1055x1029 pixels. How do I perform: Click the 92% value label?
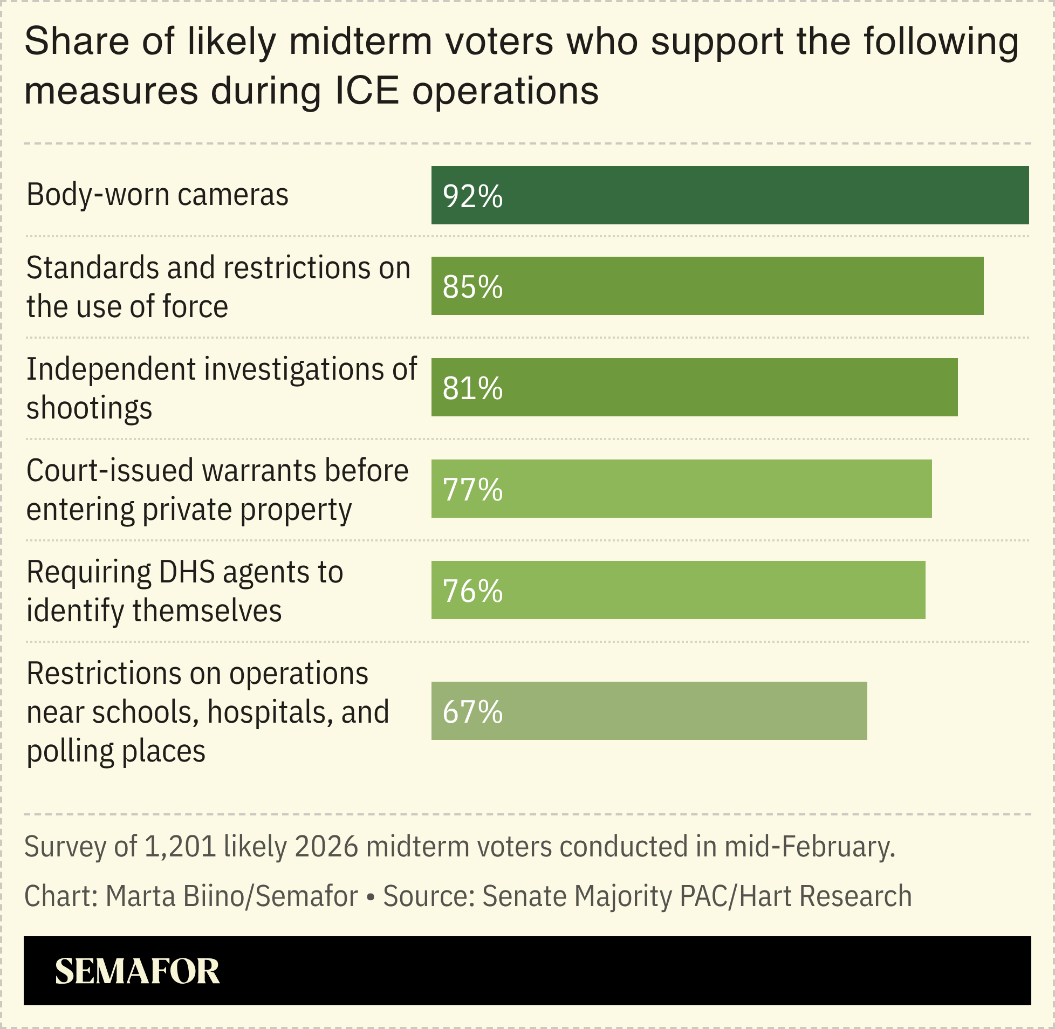tap(472, 196)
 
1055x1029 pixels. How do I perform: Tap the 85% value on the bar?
tap(472, 287)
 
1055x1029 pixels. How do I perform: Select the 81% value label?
tap(472, 388)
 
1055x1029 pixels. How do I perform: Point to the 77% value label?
tap(472, 490)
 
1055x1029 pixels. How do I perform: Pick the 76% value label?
tap(472, 591)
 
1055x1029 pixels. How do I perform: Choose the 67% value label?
tap(472, 712)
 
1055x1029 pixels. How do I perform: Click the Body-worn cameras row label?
tap(157, 195)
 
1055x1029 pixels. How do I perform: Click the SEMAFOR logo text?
tap(138, 972)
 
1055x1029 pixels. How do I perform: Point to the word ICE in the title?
tap(367, 91)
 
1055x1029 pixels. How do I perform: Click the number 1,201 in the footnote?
tap(181, 847)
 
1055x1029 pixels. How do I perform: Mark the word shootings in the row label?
tap(89, 409)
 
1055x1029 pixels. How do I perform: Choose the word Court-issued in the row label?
tap(109, 471)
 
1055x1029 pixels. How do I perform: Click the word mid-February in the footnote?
tap(809, 847)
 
